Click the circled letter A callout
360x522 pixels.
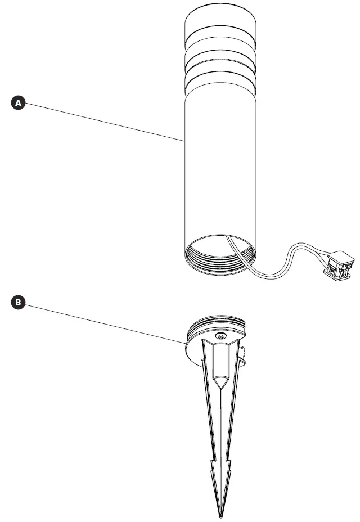click(x=19, y=102)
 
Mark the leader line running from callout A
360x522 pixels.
click(x=101, y=120)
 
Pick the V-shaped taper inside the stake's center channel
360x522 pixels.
click(x=220, y=382)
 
